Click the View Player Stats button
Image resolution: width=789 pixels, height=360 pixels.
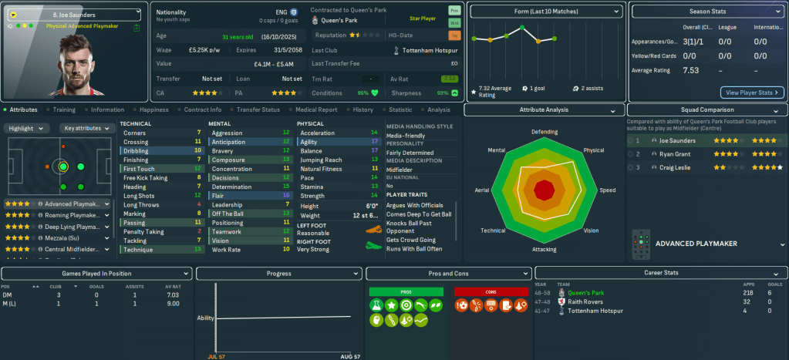click(x=752, y=93)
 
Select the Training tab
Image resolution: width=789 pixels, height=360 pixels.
click(x=64, y=109)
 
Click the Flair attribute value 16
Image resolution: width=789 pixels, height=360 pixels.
click(x=285, y=196)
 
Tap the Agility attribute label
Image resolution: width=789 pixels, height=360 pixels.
click(x=311, y=142)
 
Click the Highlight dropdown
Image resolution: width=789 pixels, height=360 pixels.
click(x=29, y=128)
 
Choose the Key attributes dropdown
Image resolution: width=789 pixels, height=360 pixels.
click(x=86, y=128)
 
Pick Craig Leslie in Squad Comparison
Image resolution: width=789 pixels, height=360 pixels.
click(x=675, y=167)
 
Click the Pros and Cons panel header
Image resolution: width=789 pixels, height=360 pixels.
click(x=448, y=273)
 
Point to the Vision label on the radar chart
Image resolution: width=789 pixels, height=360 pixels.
click(x=591, y=230)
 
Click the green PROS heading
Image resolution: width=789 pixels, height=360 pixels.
click(x=406, y=292)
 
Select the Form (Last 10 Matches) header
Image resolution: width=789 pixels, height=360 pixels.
click(x=545, y=12)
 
